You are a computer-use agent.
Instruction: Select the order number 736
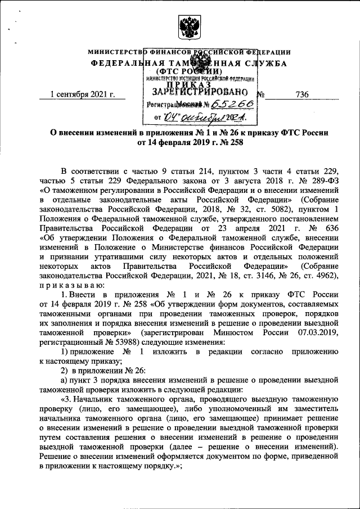point(301,94)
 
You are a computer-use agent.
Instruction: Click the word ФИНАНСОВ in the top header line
point(166,52)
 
